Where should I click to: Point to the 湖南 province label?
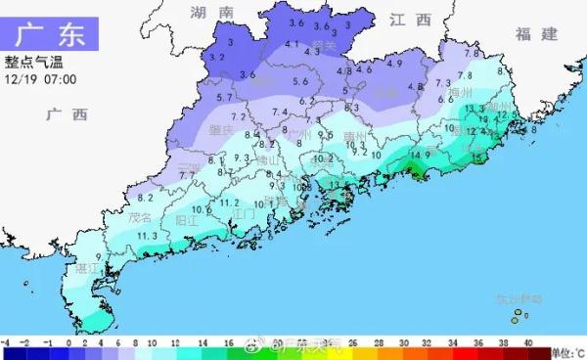pyautogui.click(x=213, y=13)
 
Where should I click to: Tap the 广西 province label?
pyautogui.click(x=67, y=114)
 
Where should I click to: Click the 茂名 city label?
pyautogui.click(x=140, y=217)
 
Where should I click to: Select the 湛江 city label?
pyautogui.click(x=88, y=266)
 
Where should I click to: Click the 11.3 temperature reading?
pyautogui.click(x=148, y=236)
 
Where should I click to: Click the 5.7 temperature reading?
pyautogui.click(x=224, y=98)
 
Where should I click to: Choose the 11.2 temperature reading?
pyautogui.click(x=229, y=202)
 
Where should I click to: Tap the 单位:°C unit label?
pyautogui.click(x=565, y=352)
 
